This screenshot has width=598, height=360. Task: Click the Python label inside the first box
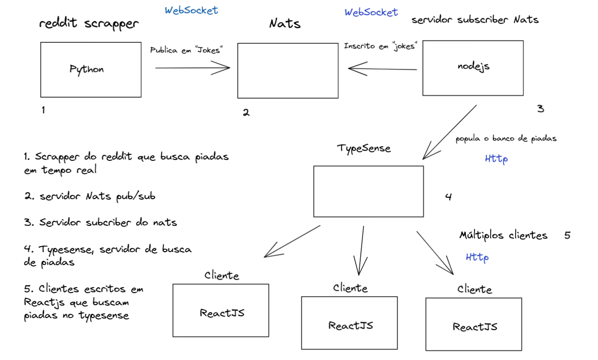coord(87,70)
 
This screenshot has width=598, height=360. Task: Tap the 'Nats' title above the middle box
coord(285,23)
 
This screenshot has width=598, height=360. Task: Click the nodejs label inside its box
coord(473,66)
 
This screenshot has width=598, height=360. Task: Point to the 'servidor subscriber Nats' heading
coord(475,20)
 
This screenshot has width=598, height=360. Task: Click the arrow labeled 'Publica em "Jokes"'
coord(193,68)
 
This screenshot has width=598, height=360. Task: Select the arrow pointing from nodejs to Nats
coord(382,69)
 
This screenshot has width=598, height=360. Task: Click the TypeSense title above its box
coord(364,148)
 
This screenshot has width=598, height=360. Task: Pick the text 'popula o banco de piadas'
coord(506,139)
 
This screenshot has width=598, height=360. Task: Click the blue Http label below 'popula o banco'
coord(496,159)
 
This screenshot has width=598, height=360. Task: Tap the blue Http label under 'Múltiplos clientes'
coord(477,257)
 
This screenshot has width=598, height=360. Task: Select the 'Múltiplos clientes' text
coord(503,236)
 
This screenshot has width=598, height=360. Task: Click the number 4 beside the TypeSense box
coord(448,197)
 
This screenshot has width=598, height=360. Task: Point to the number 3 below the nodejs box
coord(540,109)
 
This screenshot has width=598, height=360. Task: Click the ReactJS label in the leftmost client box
coord(222,313)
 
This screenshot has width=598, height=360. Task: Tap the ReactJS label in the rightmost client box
coord(475,327)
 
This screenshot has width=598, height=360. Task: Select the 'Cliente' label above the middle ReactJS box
coord(351,289)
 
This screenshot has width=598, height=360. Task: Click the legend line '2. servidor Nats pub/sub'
coord(90,196)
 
